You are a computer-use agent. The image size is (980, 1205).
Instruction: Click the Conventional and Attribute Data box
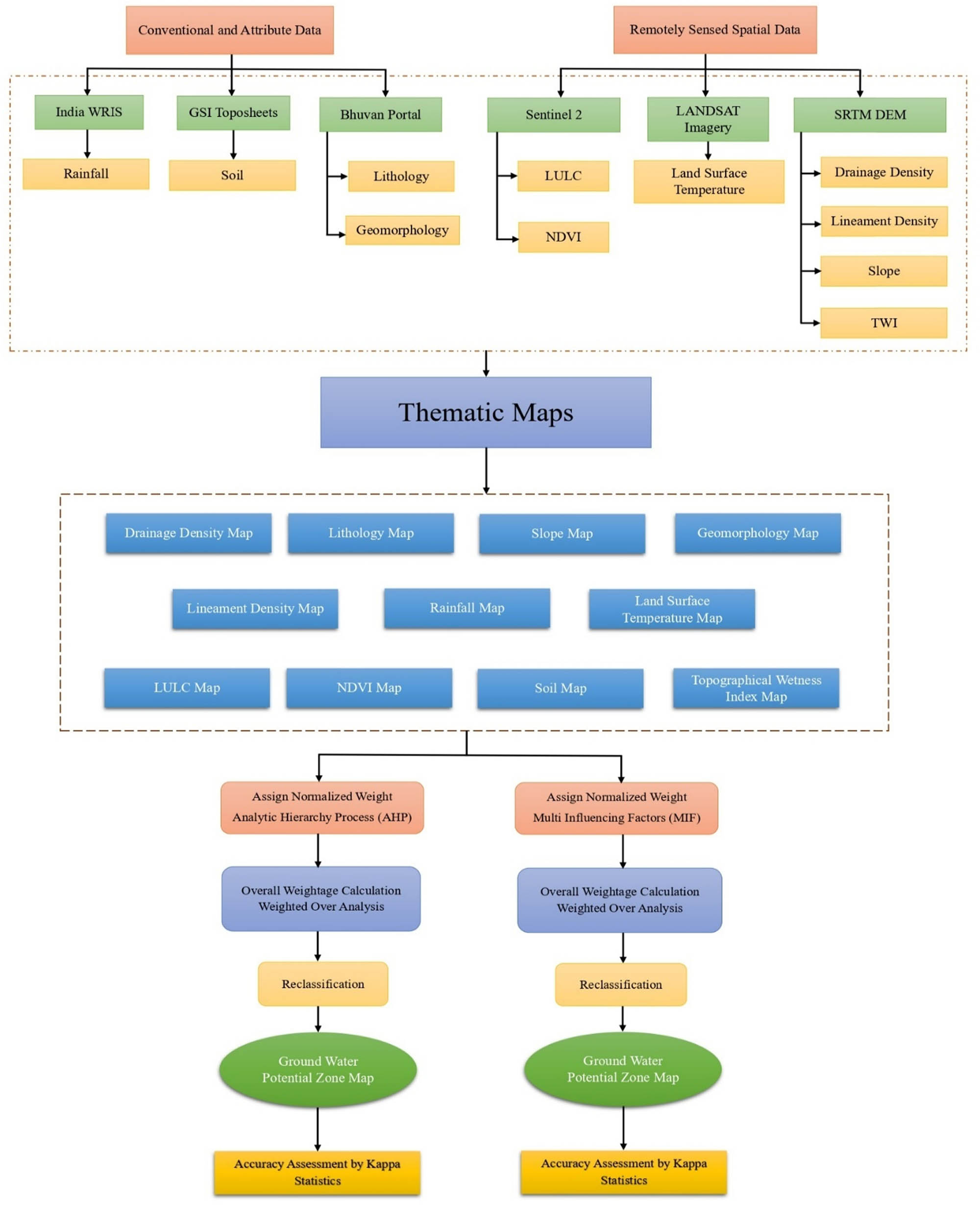(x=229, y=30)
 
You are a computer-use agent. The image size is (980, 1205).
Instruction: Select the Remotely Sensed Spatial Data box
(x=715, y=29)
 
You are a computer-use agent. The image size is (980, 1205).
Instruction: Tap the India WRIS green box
(x=89, y=112)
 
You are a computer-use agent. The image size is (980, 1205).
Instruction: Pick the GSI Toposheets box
(x=233, y=112)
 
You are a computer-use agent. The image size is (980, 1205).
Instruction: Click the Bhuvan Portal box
(x=380, y=114)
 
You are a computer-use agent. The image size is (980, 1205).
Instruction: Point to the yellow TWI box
(x=883, y=323)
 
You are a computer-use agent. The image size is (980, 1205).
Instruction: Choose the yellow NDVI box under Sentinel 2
(x=563, y=237)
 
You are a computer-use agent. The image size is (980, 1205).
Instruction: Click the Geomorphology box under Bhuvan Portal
(x=402, y=230)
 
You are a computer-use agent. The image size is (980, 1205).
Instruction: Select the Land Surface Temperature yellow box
(x=709, y=181)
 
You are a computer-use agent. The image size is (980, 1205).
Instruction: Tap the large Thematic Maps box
(x=486, y=412)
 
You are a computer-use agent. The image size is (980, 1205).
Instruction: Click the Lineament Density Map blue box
(x=255, y=609)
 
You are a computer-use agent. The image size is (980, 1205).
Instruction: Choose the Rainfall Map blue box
(x=467, y=608)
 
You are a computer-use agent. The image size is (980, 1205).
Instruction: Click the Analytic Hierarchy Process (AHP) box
(x=322, y=807)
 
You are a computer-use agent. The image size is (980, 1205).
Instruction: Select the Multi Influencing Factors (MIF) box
(x=616, y=808)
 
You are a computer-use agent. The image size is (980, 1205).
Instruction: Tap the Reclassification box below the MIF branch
(x=620, y=984)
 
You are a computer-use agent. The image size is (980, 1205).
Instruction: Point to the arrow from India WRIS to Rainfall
(x=88, y=144)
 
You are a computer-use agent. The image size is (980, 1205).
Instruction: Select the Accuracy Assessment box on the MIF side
(x=623, y=1172)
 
